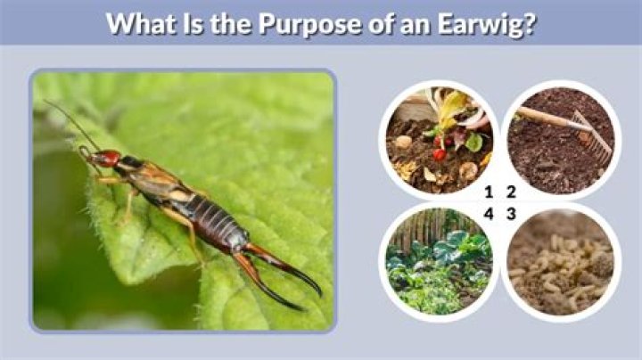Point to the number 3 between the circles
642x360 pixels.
click(x=511, y=214)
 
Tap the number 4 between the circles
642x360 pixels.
click(x=488, y=214)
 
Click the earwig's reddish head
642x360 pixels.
click(x=107, y=159)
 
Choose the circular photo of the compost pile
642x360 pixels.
click(x=437, y=138)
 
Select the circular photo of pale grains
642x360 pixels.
click(x=562, y=263)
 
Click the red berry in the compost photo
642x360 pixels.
click(x=440, y=154)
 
